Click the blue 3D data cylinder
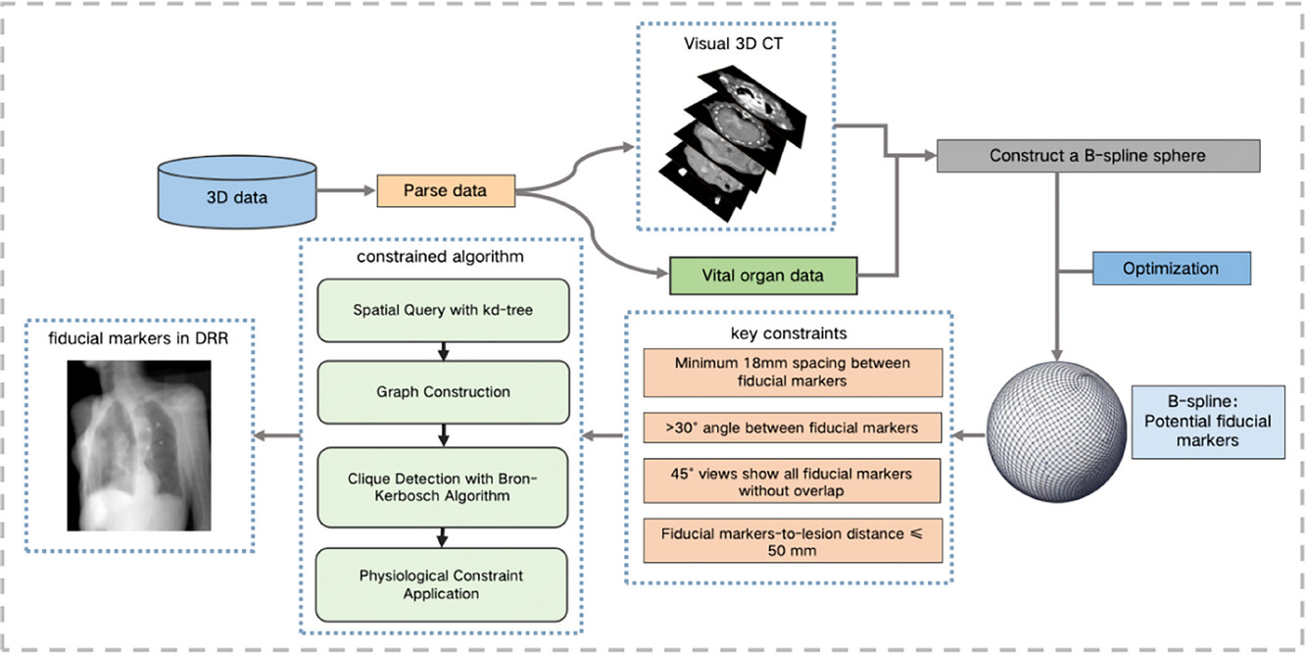tap(237, 191)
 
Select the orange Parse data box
tap(446, 191)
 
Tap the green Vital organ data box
tap(763, 276)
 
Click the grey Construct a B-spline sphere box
tap(1098, 156)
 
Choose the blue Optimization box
tap(1172, 269)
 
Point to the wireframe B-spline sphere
tap(1056, 431)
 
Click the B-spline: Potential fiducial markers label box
tap(1208, 422)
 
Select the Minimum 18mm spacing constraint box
tap(793, 373)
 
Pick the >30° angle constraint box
tap(793, 428)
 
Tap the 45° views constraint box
tap(793, 481)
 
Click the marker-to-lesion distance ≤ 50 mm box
tap(793, 541)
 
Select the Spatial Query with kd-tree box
tap(443, 310)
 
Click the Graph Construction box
tap(443, 392)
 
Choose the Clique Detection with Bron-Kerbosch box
tap(443, 487)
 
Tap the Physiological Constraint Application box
tap(441, 584)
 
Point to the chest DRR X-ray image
tap(139, 445)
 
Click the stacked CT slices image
tap(733, 143)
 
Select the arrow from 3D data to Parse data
tap(346, 190)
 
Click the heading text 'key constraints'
tap(789, 333)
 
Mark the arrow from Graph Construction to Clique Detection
tap(443, 435)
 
